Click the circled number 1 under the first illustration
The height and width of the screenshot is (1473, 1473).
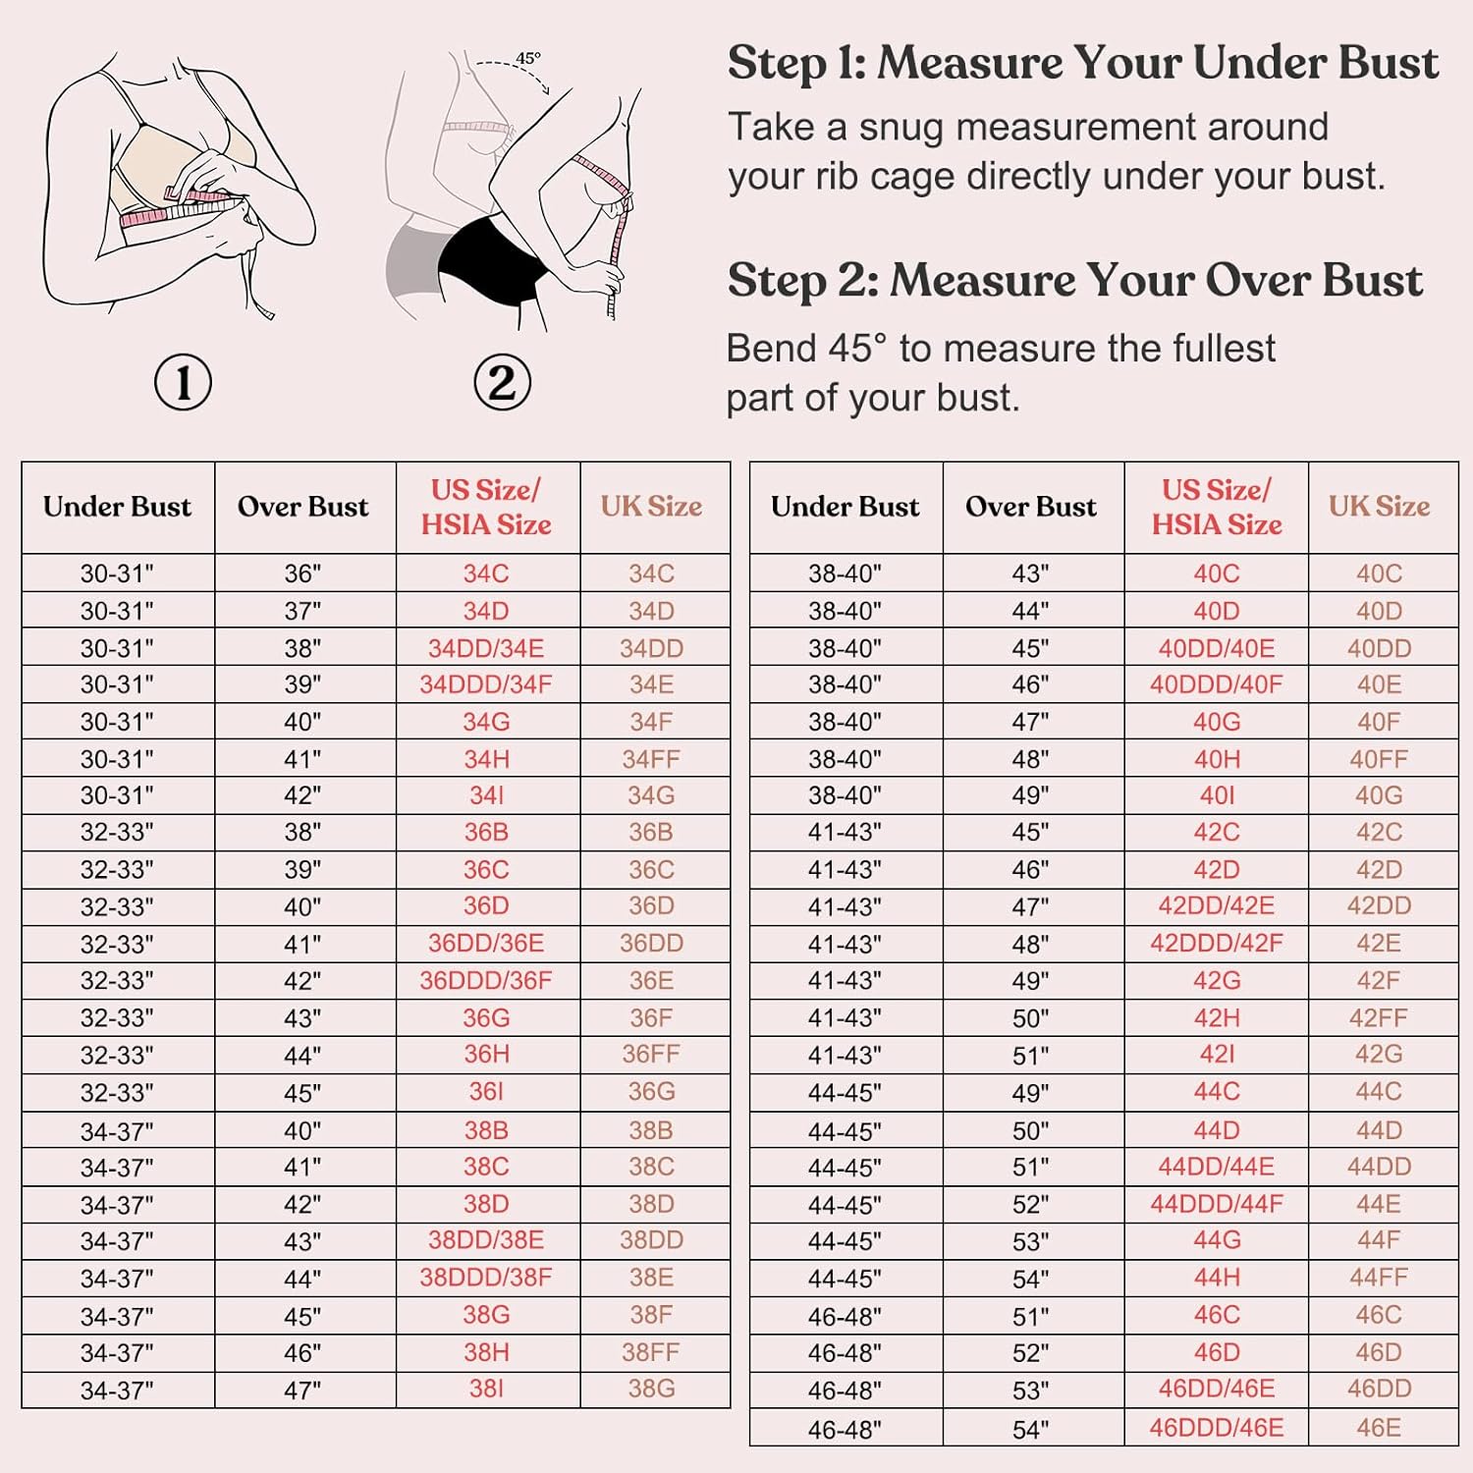(184, 383)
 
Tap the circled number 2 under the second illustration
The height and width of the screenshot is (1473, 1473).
(502, 383)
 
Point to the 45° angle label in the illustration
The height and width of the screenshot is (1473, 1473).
(527, 58)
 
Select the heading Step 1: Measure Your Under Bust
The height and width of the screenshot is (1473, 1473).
(1083, 63)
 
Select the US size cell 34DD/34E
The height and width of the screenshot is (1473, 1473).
(486, 648)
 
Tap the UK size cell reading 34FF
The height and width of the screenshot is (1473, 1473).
(651, 759)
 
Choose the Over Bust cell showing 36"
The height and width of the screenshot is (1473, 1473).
(302, 573)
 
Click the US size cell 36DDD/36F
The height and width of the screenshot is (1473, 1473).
(486, 980)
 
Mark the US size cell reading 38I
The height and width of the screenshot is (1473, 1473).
(486, 1389)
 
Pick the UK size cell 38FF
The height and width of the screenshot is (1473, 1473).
(651, 1352)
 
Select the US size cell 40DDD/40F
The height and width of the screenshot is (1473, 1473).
(1217, 684)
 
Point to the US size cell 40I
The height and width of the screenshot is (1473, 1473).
(1217, 795)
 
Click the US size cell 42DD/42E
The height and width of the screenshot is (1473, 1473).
(1217, 905)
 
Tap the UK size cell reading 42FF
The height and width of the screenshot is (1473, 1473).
(1379, 1017)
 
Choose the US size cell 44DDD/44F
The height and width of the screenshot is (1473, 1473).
(1217, 1204)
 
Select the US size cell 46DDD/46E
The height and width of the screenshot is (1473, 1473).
(1217, 1428)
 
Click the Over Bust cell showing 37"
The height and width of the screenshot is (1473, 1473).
(302, 611)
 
